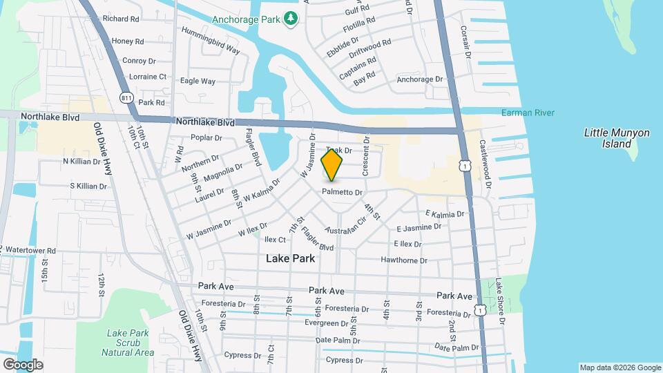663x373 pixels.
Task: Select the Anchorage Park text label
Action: (x=244, y=19)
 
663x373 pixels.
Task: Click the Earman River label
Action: (x=528, y=113)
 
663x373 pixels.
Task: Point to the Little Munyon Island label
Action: (x=608, y=138)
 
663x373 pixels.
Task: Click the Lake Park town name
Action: (x=290, y=258)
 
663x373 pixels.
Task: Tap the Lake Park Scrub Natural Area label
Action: (x=128, y=343)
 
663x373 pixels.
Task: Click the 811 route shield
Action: (x=126, y=97)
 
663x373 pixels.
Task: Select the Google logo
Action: (x=22, y=364)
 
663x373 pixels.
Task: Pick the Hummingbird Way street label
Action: (x=211, y=41)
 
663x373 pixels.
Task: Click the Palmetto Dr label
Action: (x=343, y=192)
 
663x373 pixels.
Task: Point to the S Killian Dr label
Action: (x=88, y=186)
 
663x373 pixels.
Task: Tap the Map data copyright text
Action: (x=619, y=367)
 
